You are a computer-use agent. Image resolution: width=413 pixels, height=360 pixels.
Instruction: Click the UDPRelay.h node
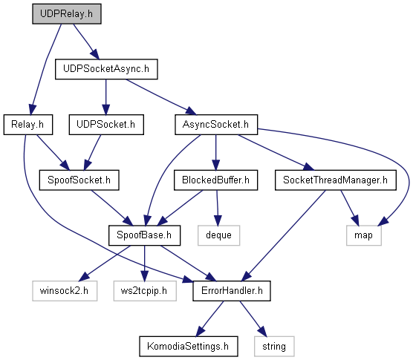[67, 14]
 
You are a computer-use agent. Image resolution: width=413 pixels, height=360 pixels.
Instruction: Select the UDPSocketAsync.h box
[106, 69]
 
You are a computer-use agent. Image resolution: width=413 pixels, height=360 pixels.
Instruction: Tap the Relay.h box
[28, 125]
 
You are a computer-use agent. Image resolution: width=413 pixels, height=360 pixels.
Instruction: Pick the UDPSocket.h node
[106, 125]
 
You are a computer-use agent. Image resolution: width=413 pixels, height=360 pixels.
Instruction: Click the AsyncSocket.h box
[216, 125]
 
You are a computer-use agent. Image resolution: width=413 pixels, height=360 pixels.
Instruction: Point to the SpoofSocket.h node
[79, 180]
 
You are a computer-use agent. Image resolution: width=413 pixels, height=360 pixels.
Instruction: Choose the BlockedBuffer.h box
[215, 180]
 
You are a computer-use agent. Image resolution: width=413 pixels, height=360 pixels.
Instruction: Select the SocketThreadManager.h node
[335, 180]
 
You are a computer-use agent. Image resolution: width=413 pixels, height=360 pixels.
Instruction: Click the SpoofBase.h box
[144, 235]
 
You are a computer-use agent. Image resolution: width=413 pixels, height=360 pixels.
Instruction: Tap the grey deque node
[218, 235]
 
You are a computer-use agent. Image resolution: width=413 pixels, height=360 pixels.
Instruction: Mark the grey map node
[363, 235]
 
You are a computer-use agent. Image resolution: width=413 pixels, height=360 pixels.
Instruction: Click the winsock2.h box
[65, 291]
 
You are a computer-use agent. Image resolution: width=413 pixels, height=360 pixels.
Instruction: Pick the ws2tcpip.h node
[145, 291]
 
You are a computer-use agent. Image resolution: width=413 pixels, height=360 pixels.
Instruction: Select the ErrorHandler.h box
[232, 291]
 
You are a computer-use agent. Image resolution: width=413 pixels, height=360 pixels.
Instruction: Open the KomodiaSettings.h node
[189, 347]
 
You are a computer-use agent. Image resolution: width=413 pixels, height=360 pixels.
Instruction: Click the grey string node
[274, 347]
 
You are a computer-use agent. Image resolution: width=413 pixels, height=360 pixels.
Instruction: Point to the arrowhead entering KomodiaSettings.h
[201, 331]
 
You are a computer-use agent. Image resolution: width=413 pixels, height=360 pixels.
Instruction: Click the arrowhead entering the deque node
[218, 220]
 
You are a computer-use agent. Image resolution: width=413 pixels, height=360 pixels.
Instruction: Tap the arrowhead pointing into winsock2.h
[85, 276]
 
